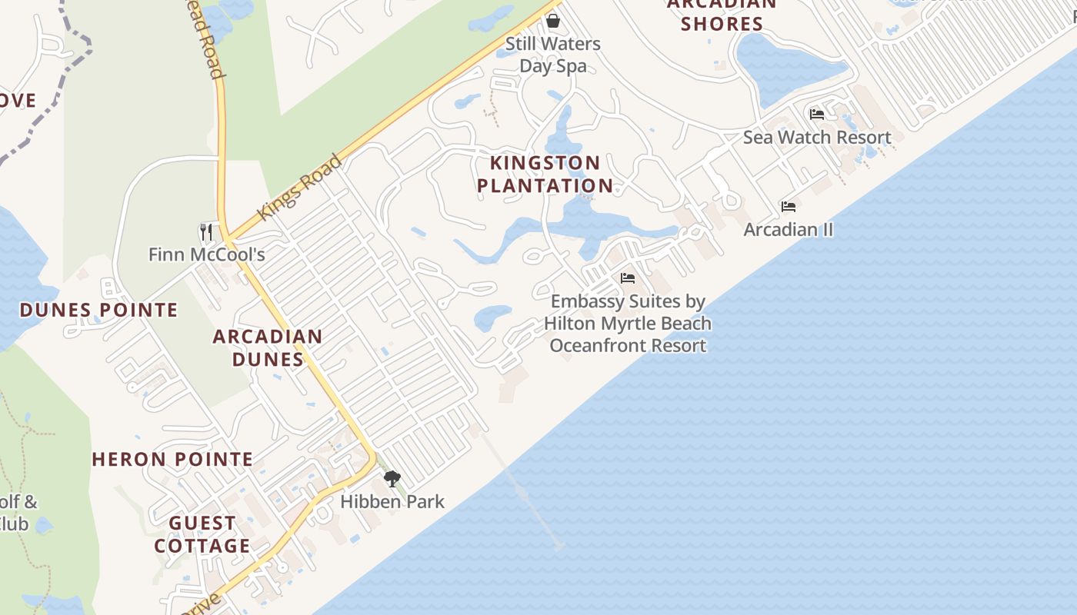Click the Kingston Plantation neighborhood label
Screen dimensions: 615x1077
[545, 175]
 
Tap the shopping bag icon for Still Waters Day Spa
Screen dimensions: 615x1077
[552, 20]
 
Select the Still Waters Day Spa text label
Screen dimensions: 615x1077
[552, 55]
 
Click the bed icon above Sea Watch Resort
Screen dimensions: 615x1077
[817, 115]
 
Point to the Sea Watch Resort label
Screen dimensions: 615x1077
[817, 138]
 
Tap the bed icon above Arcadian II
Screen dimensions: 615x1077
[789, 207]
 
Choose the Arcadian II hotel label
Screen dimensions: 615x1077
[789, 230]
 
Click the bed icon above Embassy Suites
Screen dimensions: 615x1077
[628, 278]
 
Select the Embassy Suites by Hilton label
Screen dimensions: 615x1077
[628, 324]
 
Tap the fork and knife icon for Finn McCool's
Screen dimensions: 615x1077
[206, 231]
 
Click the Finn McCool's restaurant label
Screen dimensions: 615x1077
[206, 254]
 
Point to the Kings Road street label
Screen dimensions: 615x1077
[299, 188]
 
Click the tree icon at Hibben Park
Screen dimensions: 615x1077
[392, 479]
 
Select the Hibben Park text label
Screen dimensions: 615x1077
[392, 502]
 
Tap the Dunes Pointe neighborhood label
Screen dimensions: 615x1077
[98, 310]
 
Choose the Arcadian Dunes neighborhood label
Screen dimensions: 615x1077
[268, 347]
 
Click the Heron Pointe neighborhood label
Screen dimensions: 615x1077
[172, 460]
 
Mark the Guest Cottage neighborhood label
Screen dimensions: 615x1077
[202, 534]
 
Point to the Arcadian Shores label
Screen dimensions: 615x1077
[722, 14]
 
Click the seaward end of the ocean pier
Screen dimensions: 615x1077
[559, 547]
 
